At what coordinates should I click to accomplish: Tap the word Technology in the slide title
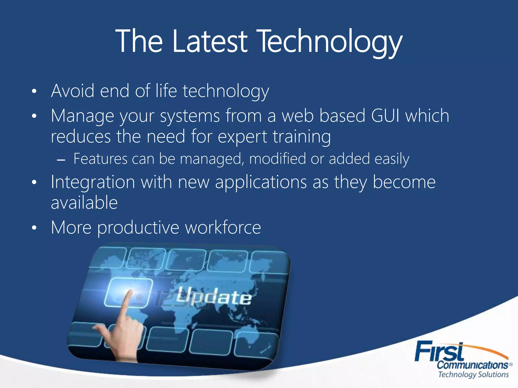330,42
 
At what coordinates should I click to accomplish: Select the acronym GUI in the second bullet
385,116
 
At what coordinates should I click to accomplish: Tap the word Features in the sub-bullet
100,159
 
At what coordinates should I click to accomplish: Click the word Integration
93,182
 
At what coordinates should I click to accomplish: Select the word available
84,203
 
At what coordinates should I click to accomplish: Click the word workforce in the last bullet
223,227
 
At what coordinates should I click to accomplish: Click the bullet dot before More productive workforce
34,228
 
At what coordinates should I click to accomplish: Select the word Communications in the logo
472,365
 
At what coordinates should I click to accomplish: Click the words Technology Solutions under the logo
473,374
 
